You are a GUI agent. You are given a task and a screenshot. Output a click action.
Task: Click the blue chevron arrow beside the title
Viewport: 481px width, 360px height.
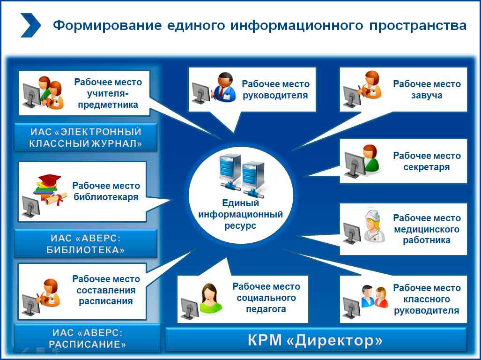coord(30,25)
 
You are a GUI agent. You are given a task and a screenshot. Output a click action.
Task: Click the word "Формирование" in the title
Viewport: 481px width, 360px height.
coord(107,25)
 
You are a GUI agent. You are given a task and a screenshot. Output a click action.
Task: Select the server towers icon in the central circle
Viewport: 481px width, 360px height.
coord(242,175)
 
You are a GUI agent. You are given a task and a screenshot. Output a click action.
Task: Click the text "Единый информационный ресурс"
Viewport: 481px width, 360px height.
coord(241,214)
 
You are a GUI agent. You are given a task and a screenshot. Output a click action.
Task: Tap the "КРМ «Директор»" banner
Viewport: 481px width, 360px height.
coord(316,340)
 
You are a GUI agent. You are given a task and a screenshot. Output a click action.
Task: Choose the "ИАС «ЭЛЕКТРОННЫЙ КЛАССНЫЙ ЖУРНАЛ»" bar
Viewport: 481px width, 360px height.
coord(86,137)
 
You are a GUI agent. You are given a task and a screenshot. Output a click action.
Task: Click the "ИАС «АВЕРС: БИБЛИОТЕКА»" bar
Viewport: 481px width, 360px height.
coord(86,244)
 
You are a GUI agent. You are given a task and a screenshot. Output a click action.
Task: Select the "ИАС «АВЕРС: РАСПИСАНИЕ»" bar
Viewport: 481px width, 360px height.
coord(88,338)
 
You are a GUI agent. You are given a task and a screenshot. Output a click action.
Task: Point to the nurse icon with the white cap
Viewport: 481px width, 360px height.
coord(374,226)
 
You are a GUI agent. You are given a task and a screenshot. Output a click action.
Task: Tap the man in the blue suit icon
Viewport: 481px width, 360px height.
coord(225,87)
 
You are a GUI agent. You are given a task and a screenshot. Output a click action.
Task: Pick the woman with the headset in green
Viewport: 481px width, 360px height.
coord(210,298)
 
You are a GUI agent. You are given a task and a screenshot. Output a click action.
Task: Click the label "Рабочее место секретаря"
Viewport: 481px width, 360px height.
coord(427,161)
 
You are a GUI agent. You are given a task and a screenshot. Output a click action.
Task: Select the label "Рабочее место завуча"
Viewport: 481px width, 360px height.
coord(427,90)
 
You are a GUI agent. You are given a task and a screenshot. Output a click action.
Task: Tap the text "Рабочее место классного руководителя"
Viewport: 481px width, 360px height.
coord(427,299)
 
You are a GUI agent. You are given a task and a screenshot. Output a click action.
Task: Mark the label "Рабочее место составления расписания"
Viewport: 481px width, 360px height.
coord(106,290)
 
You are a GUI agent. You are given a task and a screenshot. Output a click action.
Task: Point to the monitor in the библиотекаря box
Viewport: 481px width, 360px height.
coord(31,207)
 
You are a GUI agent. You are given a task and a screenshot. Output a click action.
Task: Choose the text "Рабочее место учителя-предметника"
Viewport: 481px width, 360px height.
coord(108,93)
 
